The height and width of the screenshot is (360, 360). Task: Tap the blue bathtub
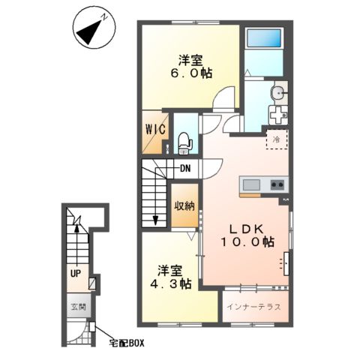(264, 38)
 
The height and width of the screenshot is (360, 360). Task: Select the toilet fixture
(184, 143)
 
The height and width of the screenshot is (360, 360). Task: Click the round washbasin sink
(280, 93)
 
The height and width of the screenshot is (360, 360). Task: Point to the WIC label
(156, 130)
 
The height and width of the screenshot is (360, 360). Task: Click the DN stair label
(185, 169)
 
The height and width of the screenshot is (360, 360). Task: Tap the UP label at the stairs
(76, 274)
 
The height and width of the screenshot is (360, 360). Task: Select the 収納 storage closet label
(184, 206)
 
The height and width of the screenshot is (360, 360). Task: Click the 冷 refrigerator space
(277, 139)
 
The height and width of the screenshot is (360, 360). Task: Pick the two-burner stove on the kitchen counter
(277, 184)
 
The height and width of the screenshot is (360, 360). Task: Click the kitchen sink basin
(251, 185)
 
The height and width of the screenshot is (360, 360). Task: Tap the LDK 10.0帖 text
(247, 235)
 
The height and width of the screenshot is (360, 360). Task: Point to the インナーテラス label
(253, 307)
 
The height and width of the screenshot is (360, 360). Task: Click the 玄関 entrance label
(79, 307)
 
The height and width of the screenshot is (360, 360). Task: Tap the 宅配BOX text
(127, 343)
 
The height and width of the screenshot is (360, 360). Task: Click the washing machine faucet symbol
(278, 115)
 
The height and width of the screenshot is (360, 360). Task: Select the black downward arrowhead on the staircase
(155, 220)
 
